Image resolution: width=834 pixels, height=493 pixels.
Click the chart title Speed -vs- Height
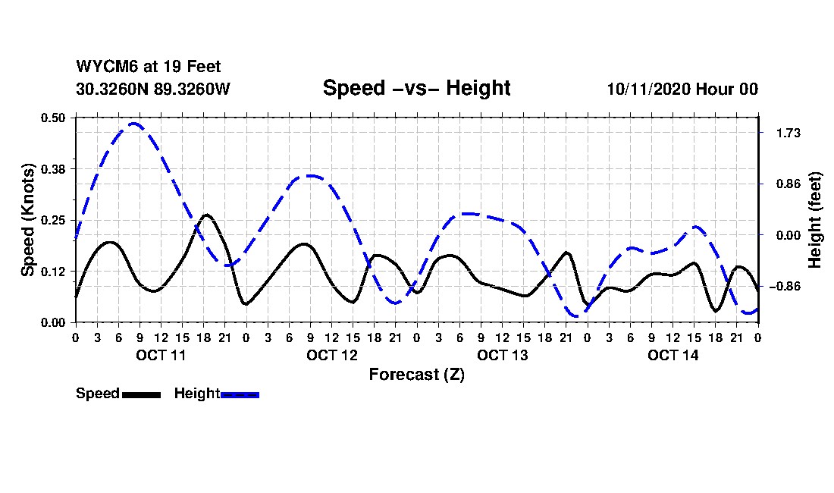tap(416, 88)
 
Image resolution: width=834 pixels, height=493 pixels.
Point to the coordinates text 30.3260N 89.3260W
tap(152, 89)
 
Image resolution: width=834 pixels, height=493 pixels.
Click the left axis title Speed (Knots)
tap(28, 219)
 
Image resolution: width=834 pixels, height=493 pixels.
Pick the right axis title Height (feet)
tap(816, 220)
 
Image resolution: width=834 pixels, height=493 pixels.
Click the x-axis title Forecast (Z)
tap(416, 374)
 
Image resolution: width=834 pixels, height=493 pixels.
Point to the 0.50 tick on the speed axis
tap(53, 118)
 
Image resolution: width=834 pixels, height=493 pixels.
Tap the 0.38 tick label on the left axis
tap(53, 168)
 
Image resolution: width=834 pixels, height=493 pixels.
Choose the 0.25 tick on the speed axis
tap(53, 220)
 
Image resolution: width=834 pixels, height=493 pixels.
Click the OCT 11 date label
tap(161, 355)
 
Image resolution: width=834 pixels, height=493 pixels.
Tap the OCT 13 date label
tap(502, 355)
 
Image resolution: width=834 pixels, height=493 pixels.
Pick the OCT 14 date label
tap(673, 355)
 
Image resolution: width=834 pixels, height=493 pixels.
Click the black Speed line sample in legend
tap(141, 394)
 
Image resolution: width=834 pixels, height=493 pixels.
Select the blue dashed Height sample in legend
tap(240, 394)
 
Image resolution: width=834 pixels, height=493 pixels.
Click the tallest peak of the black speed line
tap(206, 215)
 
